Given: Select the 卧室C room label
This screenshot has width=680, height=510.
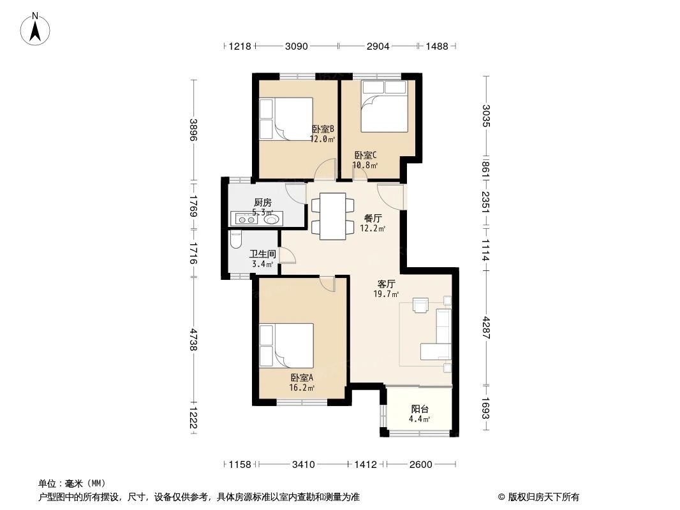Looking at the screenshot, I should click(x=366, y=155).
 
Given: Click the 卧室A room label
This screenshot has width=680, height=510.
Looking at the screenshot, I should click(x=302, y=377).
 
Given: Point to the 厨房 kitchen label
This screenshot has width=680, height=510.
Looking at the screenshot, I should click(x=262, y=203).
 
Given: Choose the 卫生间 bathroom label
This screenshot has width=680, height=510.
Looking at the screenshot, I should click(x=262, y=254).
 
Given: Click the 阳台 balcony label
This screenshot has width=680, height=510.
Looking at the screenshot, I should click(x=419, y=409).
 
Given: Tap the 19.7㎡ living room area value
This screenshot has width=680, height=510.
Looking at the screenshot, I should click(x=387, y=294).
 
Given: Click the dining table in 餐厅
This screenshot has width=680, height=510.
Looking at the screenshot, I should click(x=332, y=215).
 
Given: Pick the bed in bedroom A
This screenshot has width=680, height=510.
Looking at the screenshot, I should click(x=286, y=344).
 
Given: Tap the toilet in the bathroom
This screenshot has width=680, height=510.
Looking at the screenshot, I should click(x=235, y=241).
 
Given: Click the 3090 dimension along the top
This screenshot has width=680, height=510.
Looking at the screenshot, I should click(x=297, y=46).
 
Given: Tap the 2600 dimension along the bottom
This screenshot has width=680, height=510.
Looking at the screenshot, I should click(x=421, y=464).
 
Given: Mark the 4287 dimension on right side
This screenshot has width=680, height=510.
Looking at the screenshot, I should click(x=486, y=327).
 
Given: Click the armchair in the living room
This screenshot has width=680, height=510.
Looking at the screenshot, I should click(x=421, y=305).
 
